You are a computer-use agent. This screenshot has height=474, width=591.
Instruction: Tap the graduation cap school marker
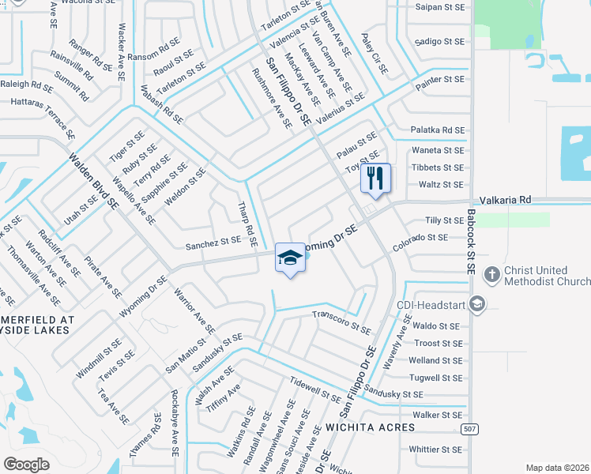point(291,258)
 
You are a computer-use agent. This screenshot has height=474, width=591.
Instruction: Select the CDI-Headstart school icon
point(476,304)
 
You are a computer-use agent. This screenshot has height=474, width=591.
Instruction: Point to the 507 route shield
point(469,428)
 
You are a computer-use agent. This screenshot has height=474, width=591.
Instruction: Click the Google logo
point(26,464)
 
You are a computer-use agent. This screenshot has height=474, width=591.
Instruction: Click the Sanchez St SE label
point(213,244)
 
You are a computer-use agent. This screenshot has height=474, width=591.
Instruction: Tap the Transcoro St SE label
point(341,320)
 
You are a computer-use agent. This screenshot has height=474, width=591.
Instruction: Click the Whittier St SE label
point(436,449)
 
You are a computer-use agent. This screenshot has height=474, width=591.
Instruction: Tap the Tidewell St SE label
point(315,385)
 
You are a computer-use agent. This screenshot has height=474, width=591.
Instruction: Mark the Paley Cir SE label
point(375,53)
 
